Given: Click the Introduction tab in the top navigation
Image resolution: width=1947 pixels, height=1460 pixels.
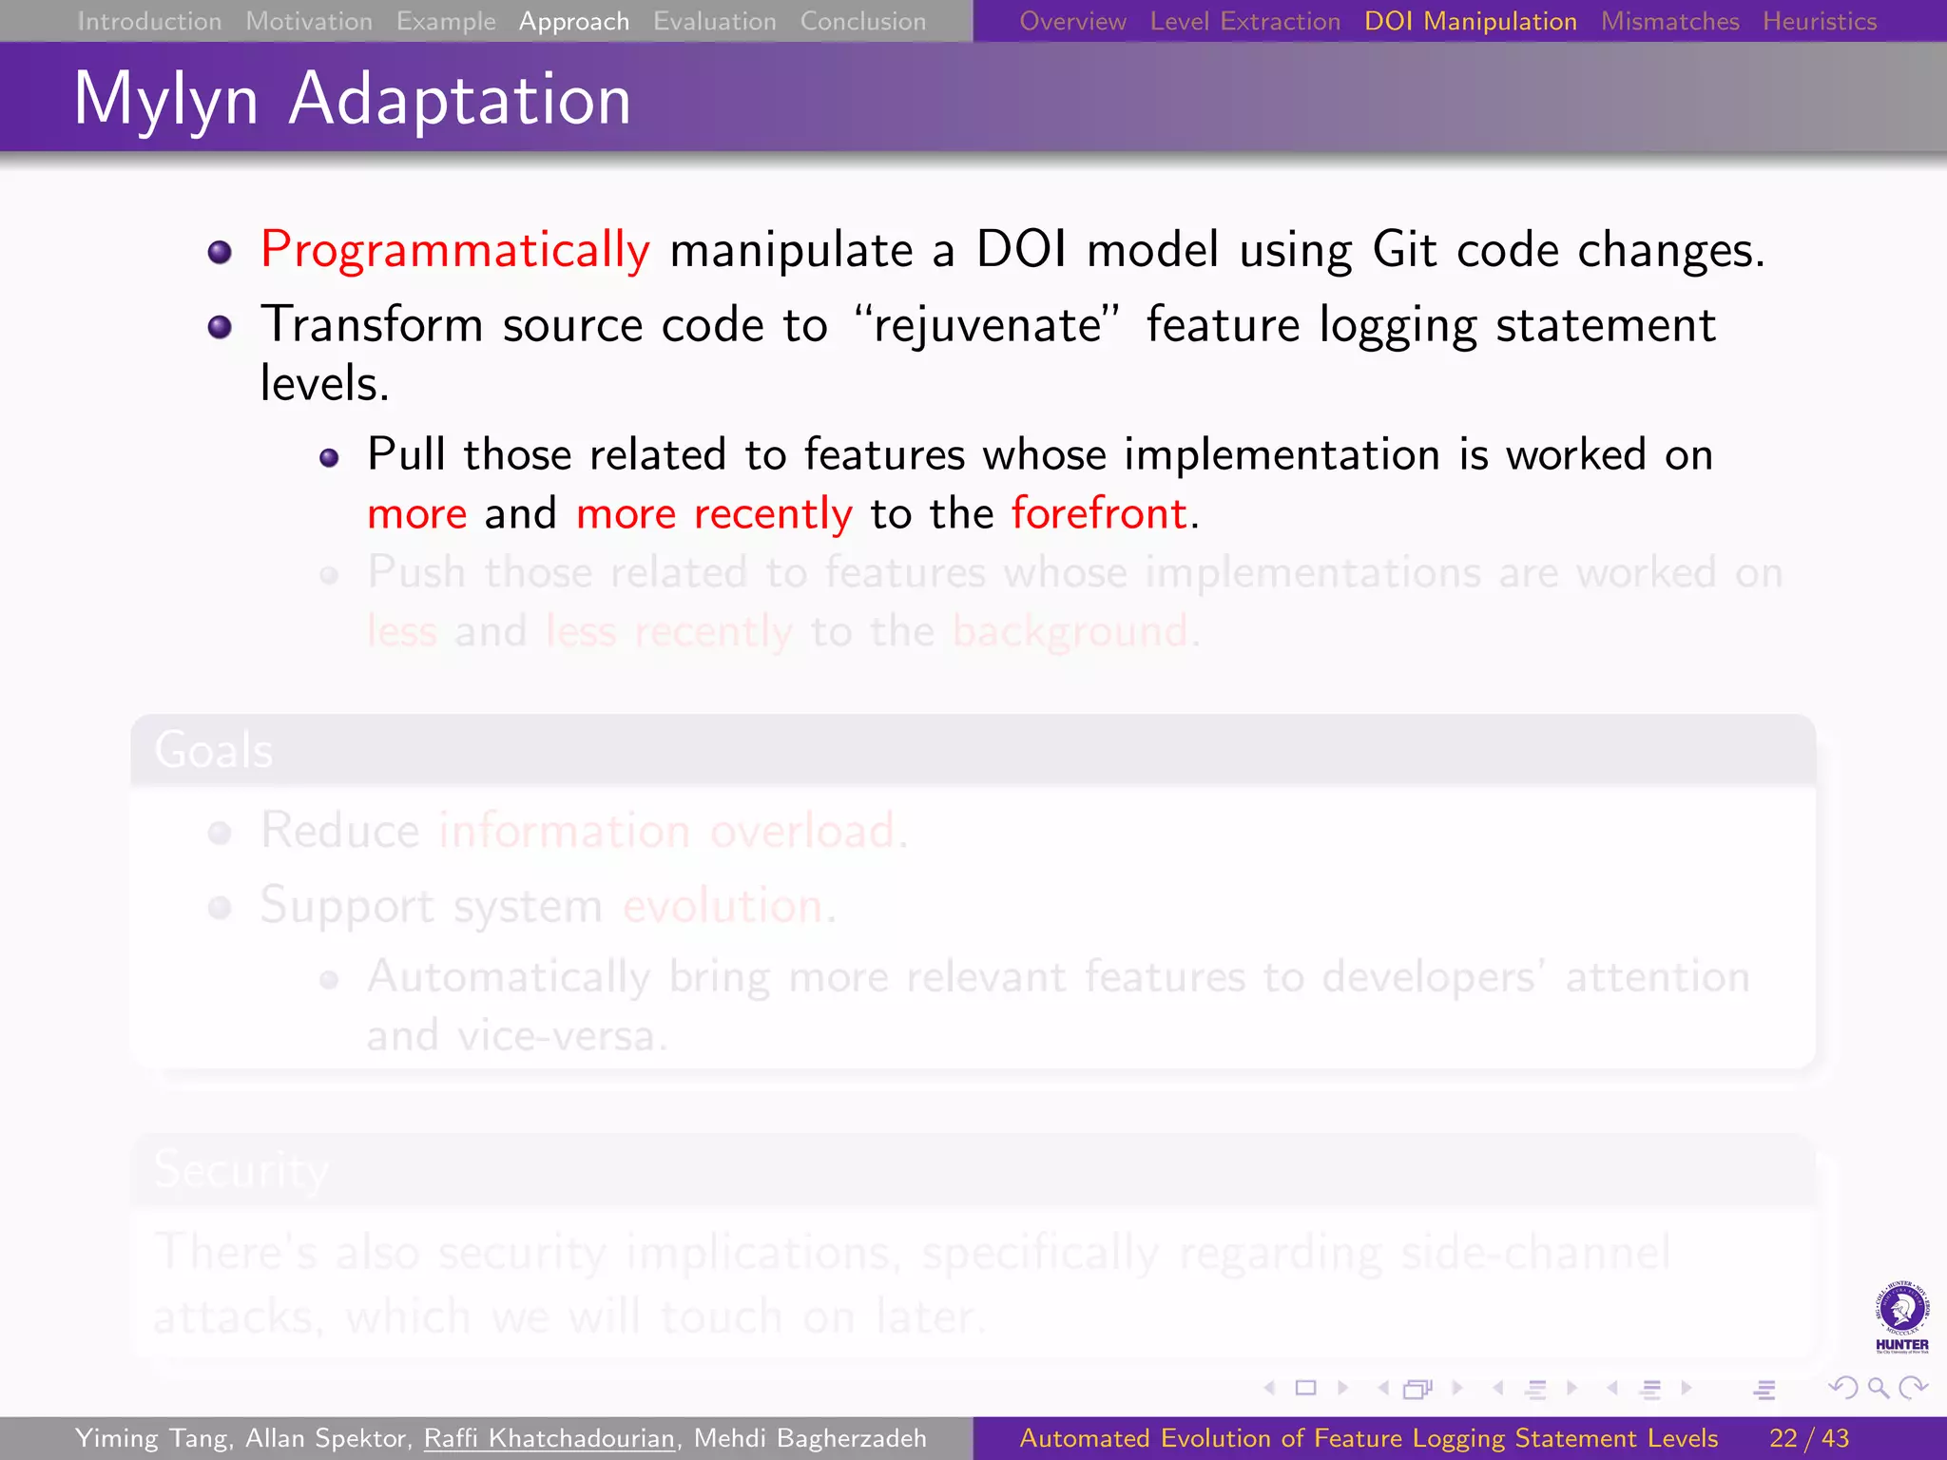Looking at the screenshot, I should (x=149, y=21).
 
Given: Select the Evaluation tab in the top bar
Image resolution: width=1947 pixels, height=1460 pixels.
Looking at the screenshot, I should (x=714, y=21).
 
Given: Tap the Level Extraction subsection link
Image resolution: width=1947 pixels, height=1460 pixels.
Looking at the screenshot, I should (x=1244, y=21).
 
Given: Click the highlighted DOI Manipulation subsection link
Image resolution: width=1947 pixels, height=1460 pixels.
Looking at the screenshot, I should (x=1470, y=21).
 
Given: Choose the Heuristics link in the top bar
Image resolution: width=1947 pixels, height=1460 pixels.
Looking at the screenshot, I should (x=1819, y=21).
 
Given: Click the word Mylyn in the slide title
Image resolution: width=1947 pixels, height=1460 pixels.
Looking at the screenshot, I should (x=166, y=100).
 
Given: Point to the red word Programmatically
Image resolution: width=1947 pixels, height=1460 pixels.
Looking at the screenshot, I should (x=455, y=250).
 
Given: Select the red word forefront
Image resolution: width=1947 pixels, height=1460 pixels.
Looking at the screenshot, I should (x=1099, y=513).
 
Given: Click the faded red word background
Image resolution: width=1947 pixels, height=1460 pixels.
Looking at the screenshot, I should (x=1070, y=631).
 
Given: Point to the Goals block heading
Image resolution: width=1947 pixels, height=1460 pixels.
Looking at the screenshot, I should (x=214, y=750).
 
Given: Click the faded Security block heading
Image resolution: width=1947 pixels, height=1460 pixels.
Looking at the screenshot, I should (x=241, y=1169).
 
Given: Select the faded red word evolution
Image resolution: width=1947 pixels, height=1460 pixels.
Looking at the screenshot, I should (x=723, y=905).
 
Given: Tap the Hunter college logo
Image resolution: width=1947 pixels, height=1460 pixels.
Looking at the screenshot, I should (x=1901, y=1317).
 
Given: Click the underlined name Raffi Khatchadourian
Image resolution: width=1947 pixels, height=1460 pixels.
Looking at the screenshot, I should (x=549, y=1438).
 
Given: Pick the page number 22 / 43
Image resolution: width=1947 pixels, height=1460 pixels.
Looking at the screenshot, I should (x=1808, y=1438).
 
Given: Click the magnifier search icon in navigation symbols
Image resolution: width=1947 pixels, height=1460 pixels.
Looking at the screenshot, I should (x=1878, y=1389).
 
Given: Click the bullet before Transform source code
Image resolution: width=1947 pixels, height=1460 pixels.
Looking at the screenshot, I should (x=220, y=327).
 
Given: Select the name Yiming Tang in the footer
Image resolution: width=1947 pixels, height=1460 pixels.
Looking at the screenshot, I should (x=151, y=1438).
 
